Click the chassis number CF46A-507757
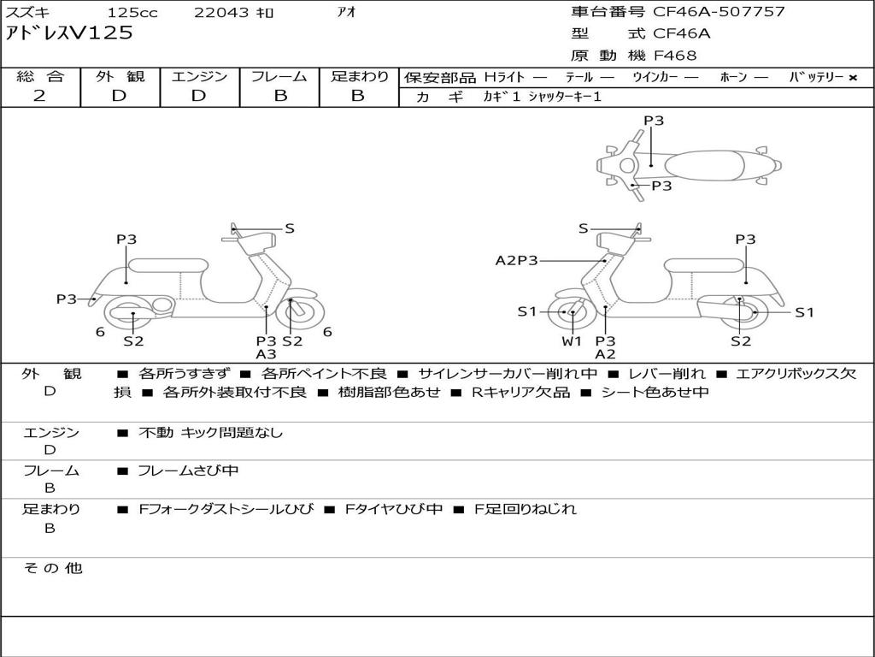coord(719,12)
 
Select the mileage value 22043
coord(221,13)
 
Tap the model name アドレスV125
coord(69,33)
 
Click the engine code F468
coord(675,56)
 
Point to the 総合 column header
coord(40,76)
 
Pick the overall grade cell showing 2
coord(40,96)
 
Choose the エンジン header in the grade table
coord(199,76)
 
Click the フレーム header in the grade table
coord(279,76)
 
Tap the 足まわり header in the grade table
coord(359,76)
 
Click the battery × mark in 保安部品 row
coord(852,77)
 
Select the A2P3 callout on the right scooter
coord(516,260)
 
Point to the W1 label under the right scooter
coord(572,340)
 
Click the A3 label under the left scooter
coord(266,354)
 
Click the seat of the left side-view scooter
coord(167,265)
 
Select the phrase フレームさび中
coord(188,471)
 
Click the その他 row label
coord(52,568)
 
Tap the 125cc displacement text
coord(126,13)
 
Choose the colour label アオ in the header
coord(346,13)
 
